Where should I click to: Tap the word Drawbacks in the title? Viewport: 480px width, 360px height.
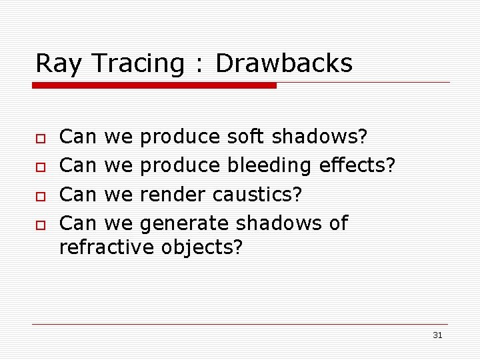click(x=284, y=63)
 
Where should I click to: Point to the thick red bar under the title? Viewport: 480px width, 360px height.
click(x=155, y=85)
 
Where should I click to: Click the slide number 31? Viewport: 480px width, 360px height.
click(x=437, y=335)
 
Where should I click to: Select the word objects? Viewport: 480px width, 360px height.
click(x=202, y=247)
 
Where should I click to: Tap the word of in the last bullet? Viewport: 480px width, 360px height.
click(x=339, y=223)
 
